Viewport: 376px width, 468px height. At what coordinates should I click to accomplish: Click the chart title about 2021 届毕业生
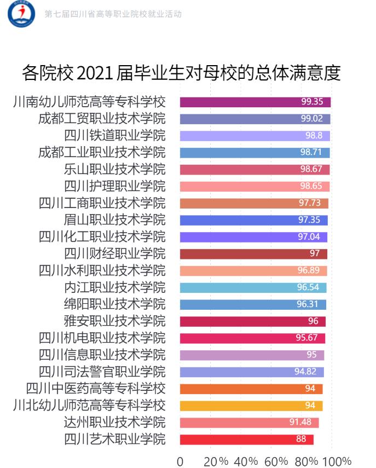[x=181, y=73]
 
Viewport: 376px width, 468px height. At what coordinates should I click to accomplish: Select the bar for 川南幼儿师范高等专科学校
[x=255, y=102]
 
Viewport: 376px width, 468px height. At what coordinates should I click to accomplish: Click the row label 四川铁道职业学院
[x=114, y=136]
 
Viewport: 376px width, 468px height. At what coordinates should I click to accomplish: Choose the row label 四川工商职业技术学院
[x=102, y=203]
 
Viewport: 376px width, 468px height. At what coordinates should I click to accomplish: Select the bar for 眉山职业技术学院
[x=253, y=220]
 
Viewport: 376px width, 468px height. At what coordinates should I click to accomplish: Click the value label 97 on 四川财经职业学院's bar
[x=314, y=254]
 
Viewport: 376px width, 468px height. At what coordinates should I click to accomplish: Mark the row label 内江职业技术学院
[x=114, y=287]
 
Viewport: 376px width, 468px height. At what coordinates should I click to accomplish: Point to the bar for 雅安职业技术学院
[x=252, y=321]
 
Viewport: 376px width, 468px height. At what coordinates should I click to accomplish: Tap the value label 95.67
[x=307, y=338]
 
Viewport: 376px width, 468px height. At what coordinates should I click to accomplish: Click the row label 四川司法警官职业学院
[x=102, y=372]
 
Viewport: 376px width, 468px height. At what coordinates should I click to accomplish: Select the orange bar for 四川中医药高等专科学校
[x=251, y=389]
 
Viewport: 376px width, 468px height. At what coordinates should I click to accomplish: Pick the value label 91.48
[x=300, y=423]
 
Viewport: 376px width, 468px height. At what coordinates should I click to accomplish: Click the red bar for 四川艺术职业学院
[x=246, y=440]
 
